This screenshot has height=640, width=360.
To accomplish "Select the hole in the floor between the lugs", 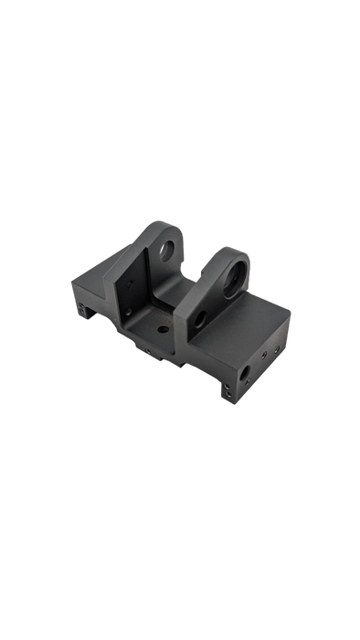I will click(x=163, y=327).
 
